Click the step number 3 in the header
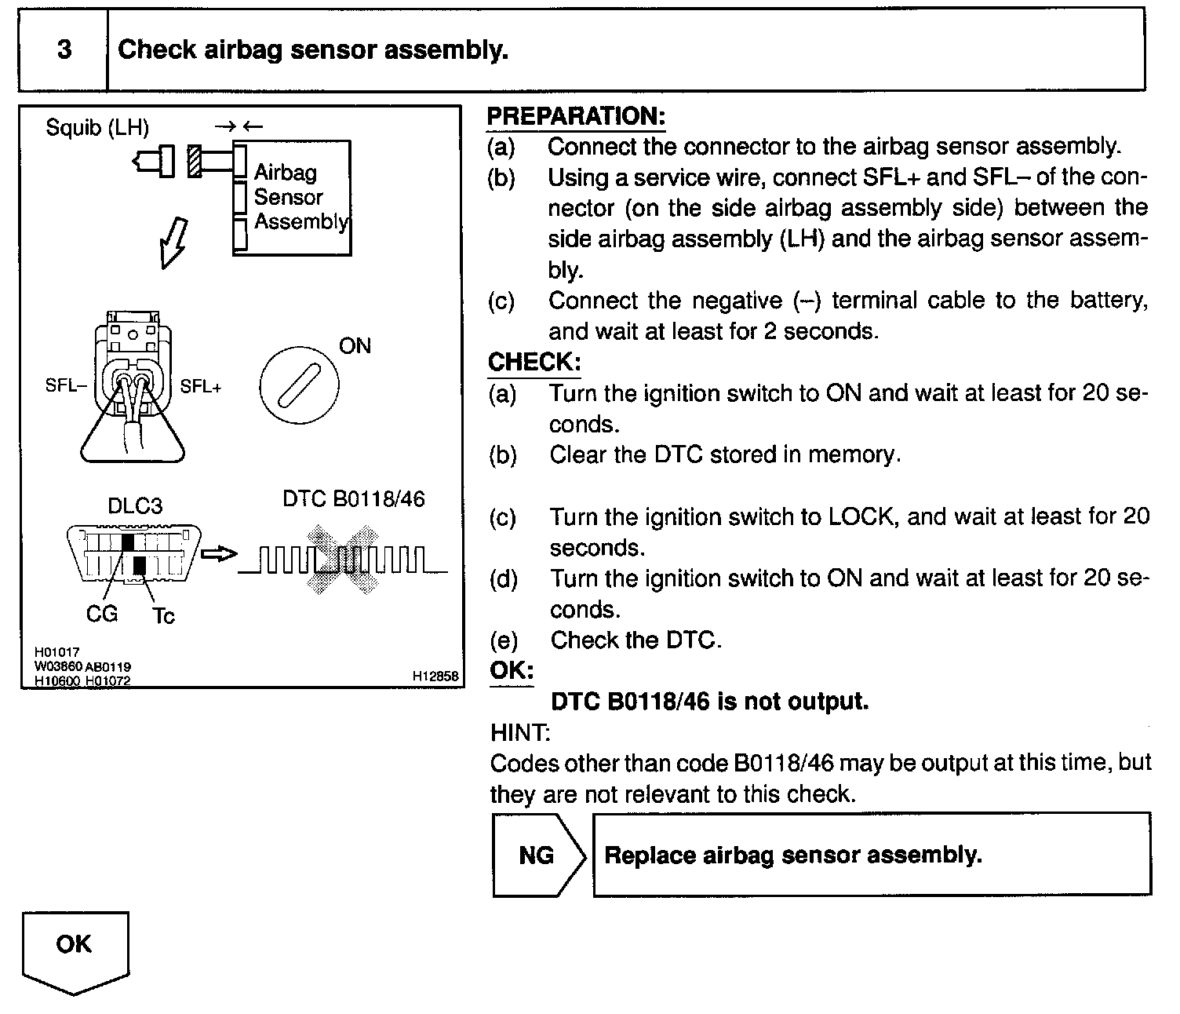(64, 49)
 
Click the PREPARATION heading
(576, 116)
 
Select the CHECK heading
(534, 362)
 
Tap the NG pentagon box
(538, 855)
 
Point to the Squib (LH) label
(97, 127)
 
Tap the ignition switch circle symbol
(299, 386)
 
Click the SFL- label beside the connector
(66, 386)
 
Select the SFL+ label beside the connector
(201, 386)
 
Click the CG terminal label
(102, 614)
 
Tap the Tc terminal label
(163, 616)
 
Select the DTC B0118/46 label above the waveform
(354, 499)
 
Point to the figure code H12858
(435, 676)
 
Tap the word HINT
(520, 733)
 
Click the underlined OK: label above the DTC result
(512, 671)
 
